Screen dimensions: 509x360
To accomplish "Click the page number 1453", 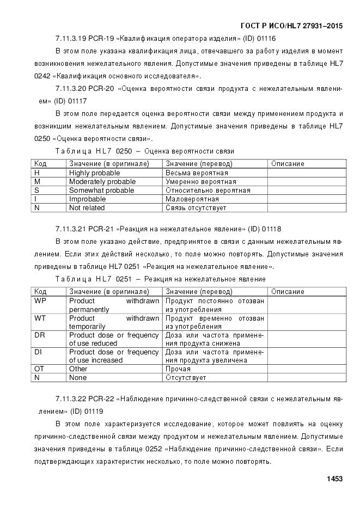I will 334,479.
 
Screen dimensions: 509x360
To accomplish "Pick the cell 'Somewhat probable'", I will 101,190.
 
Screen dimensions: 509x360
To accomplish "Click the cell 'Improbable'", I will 87,199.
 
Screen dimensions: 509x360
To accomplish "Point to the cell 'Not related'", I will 87,207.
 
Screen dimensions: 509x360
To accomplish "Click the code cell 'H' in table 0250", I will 36,173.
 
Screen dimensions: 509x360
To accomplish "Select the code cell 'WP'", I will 40,301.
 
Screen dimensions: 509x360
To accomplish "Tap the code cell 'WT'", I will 40,317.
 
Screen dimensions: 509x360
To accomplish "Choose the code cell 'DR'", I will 39,335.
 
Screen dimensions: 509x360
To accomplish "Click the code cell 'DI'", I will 38,352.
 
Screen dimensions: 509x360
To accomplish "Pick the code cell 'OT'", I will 39,369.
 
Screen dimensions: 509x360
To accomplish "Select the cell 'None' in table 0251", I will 78,377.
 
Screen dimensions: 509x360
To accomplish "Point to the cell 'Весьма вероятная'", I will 193,173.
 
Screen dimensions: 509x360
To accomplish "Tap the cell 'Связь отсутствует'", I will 196,207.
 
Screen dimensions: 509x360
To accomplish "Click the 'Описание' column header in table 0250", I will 288,163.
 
